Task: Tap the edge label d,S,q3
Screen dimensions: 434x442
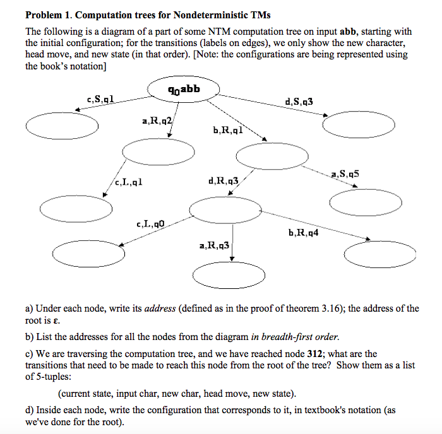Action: (299, 101)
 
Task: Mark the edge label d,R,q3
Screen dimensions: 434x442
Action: (223, 181)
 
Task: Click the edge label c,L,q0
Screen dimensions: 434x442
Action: (151, 223)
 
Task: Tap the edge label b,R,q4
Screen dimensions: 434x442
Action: (303, 233)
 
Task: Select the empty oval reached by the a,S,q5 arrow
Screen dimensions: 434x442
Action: (366, 201)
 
